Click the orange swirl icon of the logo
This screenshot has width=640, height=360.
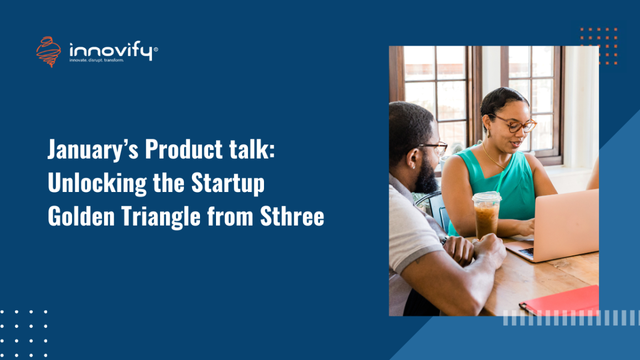coord(48,51)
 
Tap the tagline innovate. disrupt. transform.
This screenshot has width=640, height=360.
coord(97,60)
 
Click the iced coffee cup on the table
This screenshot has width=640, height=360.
coord(486,214)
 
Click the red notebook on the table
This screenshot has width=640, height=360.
coord(560,301)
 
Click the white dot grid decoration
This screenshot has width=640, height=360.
coord(23,333)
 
